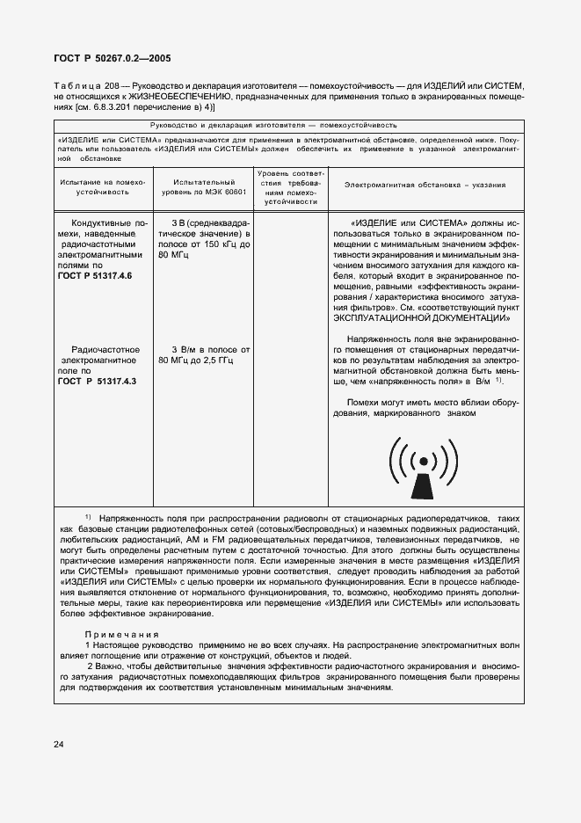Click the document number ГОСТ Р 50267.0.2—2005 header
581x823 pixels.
point(113,59)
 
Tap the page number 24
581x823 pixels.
point(58,745)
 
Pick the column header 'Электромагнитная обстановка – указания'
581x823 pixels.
point(425,186)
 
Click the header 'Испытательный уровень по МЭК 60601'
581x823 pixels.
point(203,186)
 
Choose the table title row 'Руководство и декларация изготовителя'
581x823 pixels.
point(289,125)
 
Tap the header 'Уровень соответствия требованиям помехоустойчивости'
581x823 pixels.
point(289,186)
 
